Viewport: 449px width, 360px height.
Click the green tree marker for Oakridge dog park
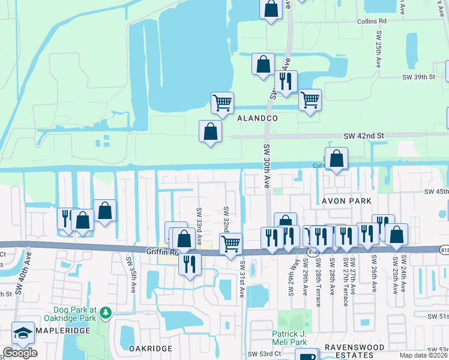(106, 313)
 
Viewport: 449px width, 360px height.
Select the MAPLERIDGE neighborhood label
(63, 331)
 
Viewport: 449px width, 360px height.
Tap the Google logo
(20, 353)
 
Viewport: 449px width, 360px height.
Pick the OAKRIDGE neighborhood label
(151, 348)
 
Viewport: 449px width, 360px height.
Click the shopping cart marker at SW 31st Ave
(231, 244)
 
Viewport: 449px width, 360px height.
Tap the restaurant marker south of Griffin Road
(190, 263)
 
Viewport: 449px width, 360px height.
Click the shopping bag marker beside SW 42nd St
(210, 131)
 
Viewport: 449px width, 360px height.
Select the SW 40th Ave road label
(28, 273)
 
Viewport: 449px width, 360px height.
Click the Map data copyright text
(424, 355)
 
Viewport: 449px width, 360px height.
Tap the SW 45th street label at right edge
(436, 191)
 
